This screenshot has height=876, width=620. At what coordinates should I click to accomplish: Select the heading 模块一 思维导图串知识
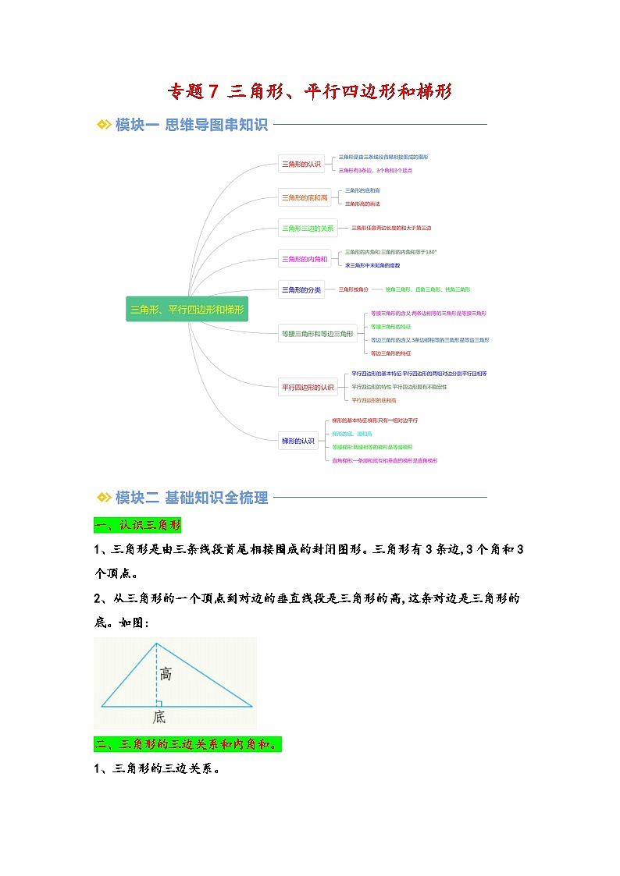click(191, 125)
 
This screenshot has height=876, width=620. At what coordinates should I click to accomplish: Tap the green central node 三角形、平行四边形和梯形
click(187, 310)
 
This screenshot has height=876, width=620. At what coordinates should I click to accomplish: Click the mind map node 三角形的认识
click(301, 164)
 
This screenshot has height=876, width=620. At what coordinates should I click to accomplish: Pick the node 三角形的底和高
click(305, 197)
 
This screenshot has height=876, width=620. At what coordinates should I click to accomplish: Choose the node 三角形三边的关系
click(308, 228)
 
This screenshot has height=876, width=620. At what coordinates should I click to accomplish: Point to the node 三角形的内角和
click(305, 259)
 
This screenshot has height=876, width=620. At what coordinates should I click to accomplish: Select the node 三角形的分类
click(301, 289)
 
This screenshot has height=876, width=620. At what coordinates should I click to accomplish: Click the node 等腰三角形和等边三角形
click(318, 334)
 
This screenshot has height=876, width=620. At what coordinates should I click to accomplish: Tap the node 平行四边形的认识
click(308, 387)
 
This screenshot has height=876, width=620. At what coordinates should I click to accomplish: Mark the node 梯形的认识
click(298, 441)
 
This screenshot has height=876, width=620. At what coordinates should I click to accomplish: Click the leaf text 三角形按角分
click(353, 289)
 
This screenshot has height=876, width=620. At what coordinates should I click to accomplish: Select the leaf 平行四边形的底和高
click(374, 400)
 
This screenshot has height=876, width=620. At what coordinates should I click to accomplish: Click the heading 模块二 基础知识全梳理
click(191, 498)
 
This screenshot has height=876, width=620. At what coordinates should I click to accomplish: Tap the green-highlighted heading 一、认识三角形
click(137, 524)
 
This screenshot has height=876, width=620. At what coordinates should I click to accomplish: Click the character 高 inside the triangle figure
click(166, 673)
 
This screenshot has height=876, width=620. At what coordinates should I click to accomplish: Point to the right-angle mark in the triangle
click(159, 703)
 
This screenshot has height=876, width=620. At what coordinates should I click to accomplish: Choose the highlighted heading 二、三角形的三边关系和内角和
click(187, 744)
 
